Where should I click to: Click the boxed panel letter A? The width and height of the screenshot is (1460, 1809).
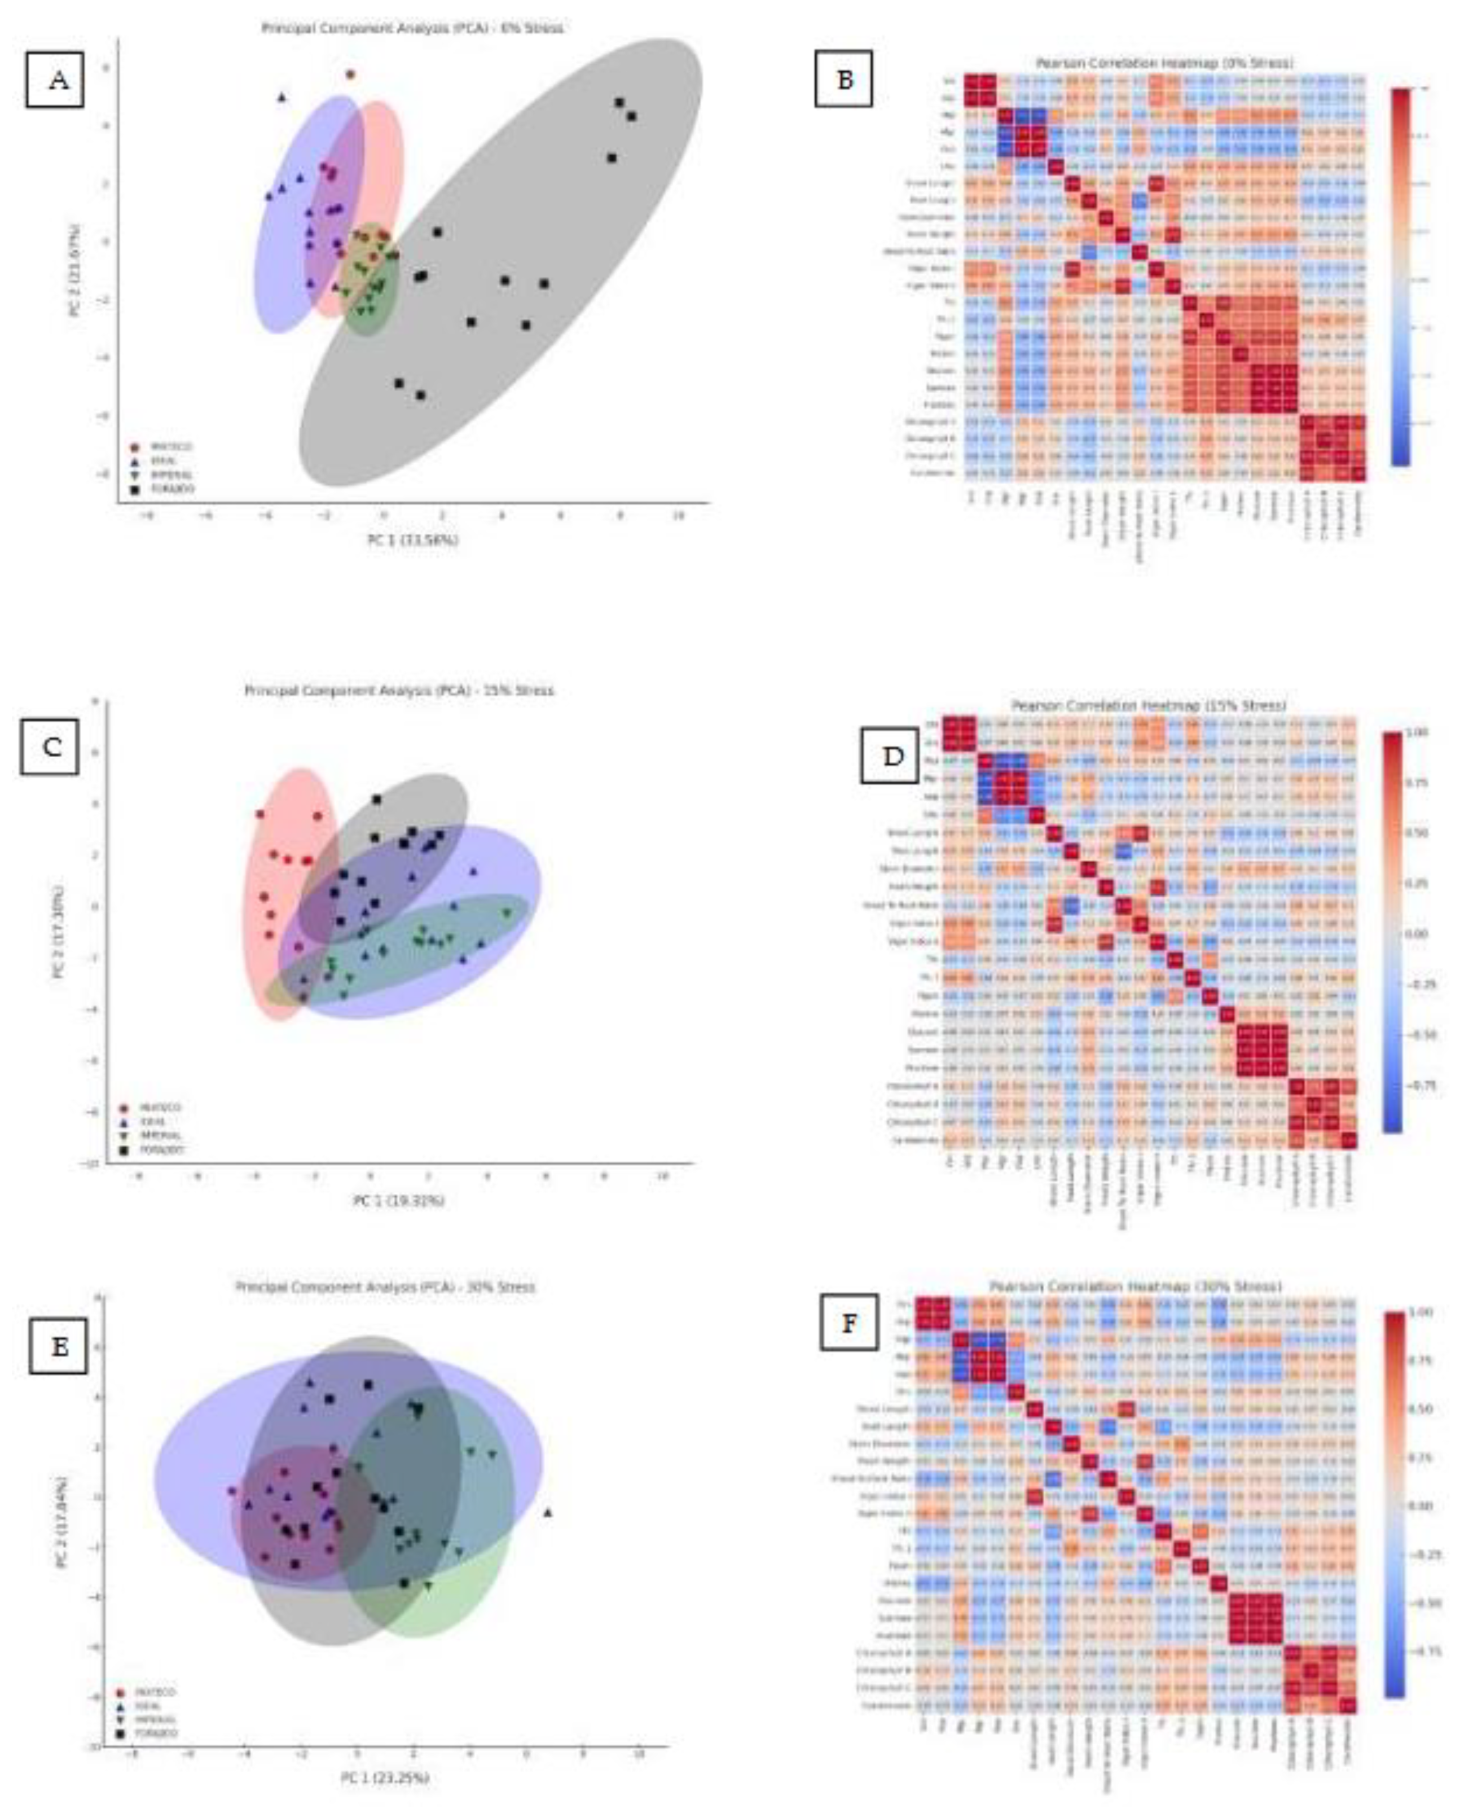pyautogui.click(x=55, y=80)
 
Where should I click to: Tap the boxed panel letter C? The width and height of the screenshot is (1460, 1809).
pyautogui.click(x=50, y=746)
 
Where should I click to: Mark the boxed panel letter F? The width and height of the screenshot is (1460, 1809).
pyautogui.click(x=848, y=1323)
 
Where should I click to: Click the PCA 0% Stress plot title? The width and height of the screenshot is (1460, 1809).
pyautogui.click(x=412, y=28)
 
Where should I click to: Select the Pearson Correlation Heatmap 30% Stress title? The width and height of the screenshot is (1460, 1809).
pyautogui.click(x=1136, y=1287)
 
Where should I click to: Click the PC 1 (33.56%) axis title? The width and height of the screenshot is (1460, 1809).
pyautogui.click(x=412, y=540)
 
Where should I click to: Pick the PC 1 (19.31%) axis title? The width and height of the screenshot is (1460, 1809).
pyautogui.click(x=398, y=1200)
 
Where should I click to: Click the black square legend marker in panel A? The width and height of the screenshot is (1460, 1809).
pyautogui.click(x=135, y=489)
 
